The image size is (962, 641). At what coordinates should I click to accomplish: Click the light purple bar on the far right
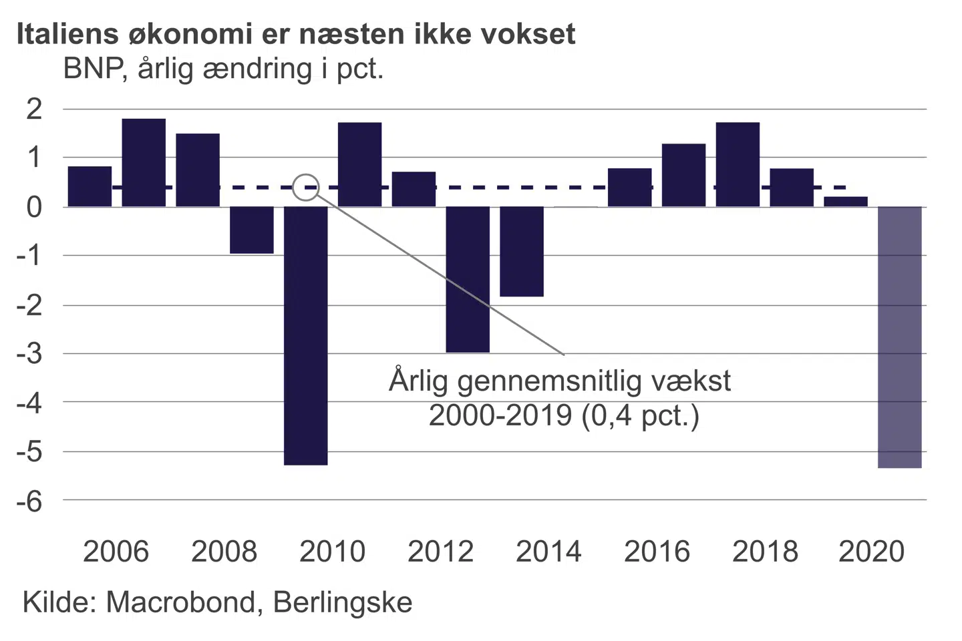(899, 337)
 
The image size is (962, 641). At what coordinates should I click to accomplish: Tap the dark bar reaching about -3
(468, 279)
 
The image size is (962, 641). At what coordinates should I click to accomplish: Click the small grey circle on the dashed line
(306, 188)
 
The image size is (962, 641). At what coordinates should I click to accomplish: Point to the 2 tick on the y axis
(34, 109)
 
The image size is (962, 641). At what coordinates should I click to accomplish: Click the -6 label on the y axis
(29, 501)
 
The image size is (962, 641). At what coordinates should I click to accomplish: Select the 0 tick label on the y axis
(34, 207)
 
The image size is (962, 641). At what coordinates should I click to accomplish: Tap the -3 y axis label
(29, 354)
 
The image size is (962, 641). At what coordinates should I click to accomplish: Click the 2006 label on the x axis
(116, 552)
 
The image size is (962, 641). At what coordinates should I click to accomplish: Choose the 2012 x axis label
(440, 552)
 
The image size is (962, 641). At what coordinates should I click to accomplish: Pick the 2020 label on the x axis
(871, 552)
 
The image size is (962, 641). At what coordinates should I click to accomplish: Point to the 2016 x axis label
(657, 552)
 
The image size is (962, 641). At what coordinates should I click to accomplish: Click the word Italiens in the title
(65, 34)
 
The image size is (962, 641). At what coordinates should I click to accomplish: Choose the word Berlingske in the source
(343, 602)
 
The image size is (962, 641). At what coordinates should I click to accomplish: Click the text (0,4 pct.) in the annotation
(640, 415)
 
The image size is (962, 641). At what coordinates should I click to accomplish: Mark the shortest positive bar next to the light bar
(845, 202)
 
